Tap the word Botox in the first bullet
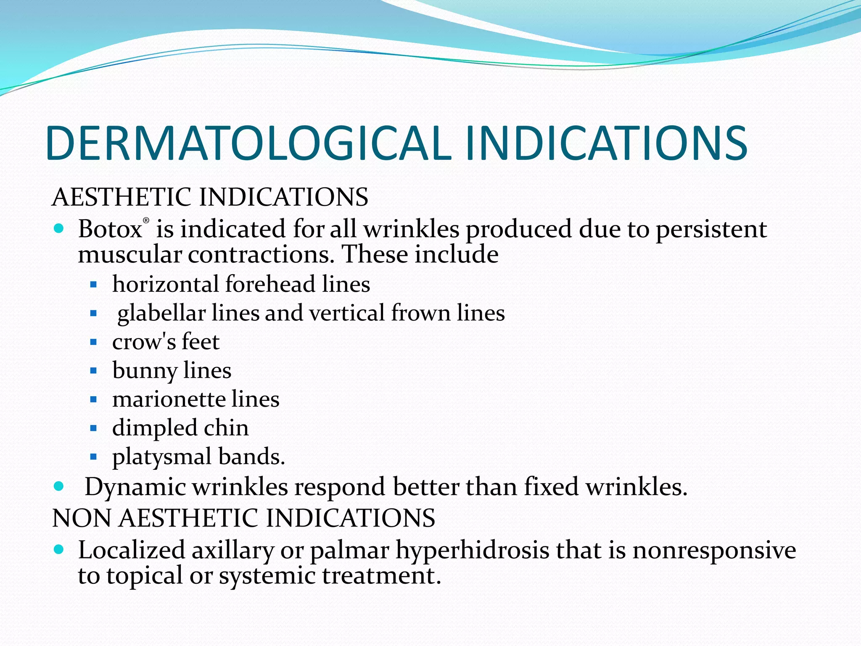[110, 229]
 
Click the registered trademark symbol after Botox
[146, 220]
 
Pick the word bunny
[145, 371]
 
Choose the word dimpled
[154, 428]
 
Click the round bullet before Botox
[59, 229]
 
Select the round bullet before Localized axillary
[59, 549]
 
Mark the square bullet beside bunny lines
[93, 371]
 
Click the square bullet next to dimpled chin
[93, 428]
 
